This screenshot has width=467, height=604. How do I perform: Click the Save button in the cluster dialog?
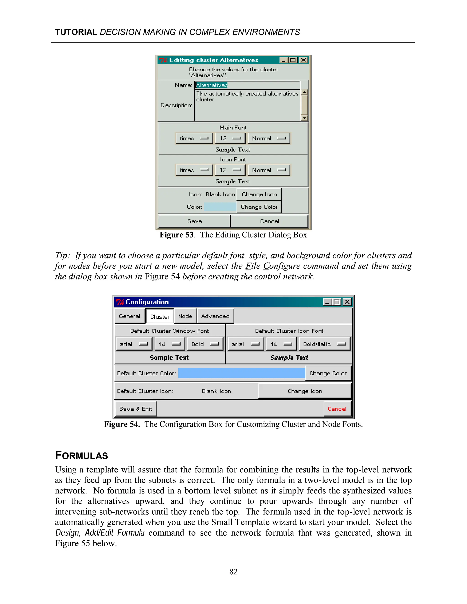pyautogui.click(x=194, y=221)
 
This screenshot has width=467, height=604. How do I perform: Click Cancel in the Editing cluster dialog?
pyautogui.click(x=269, y=221)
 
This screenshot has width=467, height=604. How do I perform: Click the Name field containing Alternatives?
pyautogui.click(x=247, y=85)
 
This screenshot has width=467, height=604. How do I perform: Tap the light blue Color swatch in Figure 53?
pyautogui.click(x=220, y=207)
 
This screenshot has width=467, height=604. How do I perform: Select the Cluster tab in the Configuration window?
pyautogui.click(x=160, y=316)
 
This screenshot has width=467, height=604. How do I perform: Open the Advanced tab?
pyautogui.click(x=215, y=316)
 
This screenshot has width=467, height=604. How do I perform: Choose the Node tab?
pyautogui.click(x=185, y=316)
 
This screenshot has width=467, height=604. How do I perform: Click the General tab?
pyautogui.click(x=130, y=316)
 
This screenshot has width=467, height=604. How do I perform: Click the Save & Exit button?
pyautogui.click(x=136, y=409)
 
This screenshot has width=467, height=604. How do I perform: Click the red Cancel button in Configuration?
pyautogui.click(x=337, y=409)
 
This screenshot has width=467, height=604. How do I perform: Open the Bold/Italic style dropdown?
pyautogui.click(x=324, y=344)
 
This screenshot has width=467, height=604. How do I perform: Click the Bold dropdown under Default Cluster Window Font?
pyautogui.click(x=205, y=344)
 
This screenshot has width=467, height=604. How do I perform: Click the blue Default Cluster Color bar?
pyautogui.click(x=241, y=373)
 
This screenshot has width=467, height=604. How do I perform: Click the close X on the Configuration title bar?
pyautogui.click(x=347, y=302)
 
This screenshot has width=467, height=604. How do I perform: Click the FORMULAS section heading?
pyautogui.click(x=81, y=455)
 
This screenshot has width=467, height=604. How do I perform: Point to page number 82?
pyautogui.click(x=233, y=572)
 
